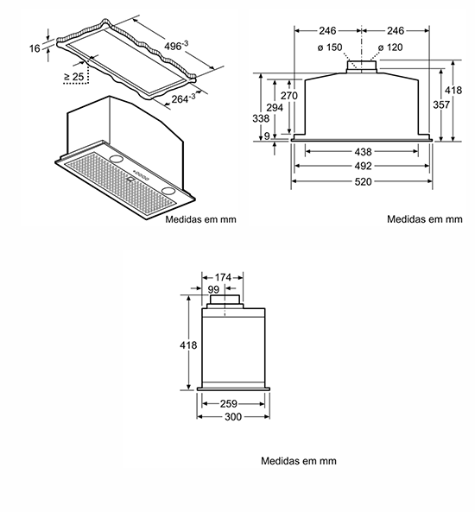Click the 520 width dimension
[x=363, y=181]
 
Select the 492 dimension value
[x=363, y=166]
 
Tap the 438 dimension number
[x=363, y=151]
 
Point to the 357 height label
[x=441, y=104]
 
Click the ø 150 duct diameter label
[x=330, y=47]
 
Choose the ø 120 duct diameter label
[x=390, y=47]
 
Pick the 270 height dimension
[x=289, y=95]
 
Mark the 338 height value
[x=261, y=118]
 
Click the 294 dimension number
[x=275, y=107]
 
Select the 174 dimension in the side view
[x=223, y=277]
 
